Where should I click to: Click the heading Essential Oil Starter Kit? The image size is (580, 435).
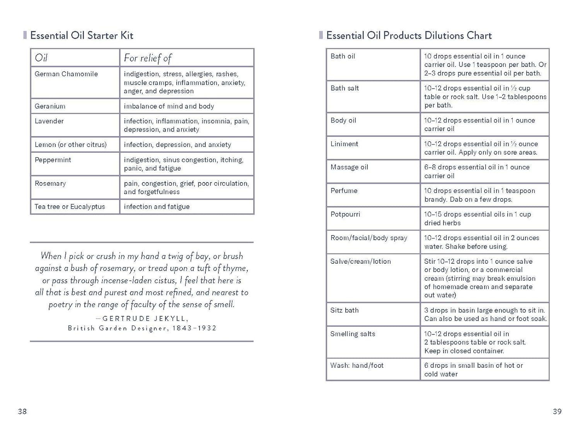(82, 36)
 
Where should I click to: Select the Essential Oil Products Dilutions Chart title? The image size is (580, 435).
(409, 36)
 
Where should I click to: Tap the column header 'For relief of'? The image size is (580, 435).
(147, 58)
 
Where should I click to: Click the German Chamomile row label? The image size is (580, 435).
(66, 74)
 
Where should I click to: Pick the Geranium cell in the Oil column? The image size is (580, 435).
(50, 106)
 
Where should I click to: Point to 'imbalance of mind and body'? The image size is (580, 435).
(169, 106)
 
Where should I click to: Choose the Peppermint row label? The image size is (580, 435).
(53, 160)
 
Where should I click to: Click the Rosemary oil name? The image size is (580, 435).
(50, 183)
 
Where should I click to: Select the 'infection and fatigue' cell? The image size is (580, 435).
(157, 206)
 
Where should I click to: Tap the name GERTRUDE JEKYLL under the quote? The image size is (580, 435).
(145, 318)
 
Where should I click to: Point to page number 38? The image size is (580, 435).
(22, 411)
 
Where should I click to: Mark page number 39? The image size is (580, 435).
(557, 411)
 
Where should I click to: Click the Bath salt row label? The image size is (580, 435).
(345, 88)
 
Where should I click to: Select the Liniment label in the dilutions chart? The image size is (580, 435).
(344, 144)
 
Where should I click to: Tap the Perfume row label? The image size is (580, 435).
(344, 191)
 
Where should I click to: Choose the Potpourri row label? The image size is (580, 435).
(345, 214)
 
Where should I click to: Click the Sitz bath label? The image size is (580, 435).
(344, 310)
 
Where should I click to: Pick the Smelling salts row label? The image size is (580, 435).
(353, 334)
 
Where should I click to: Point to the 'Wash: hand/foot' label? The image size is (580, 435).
(357, 365)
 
